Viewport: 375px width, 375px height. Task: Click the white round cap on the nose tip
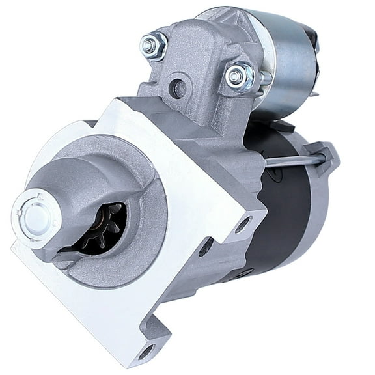click(x=33, y=211)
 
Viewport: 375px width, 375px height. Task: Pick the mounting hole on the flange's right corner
click(x=243, y=225)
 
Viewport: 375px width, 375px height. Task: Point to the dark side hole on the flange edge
click(x=206, y=246)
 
